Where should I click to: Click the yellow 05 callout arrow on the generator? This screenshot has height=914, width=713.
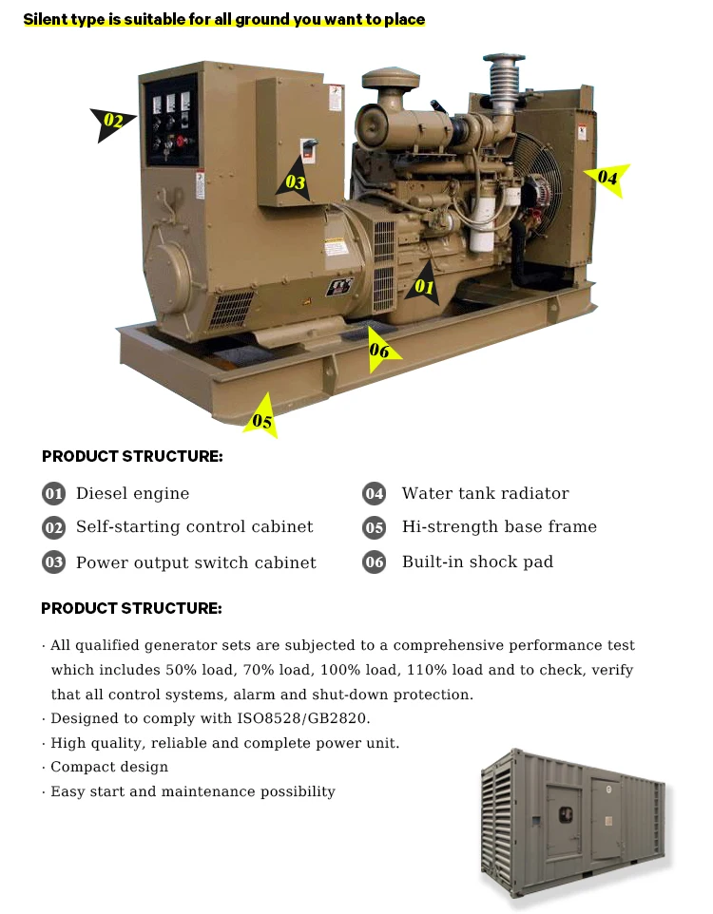click(261, 419)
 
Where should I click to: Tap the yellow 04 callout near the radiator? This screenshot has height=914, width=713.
click(607, 178)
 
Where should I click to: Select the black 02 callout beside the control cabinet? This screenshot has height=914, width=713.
click(113, 122)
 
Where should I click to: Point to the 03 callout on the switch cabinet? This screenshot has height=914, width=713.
click(296, 181)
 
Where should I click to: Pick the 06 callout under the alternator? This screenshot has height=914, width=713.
click(379, 351)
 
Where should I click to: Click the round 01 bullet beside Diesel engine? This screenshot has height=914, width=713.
click(53, 493)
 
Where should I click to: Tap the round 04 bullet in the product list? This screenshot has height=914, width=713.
click(375, 493)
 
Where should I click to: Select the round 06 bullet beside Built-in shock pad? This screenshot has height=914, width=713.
click(375, 562)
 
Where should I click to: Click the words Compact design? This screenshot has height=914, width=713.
click(109, 767)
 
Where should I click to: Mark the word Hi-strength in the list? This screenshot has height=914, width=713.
click(447, 527)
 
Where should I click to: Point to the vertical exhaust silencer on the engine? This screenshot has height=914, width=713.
click(502, 76)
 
